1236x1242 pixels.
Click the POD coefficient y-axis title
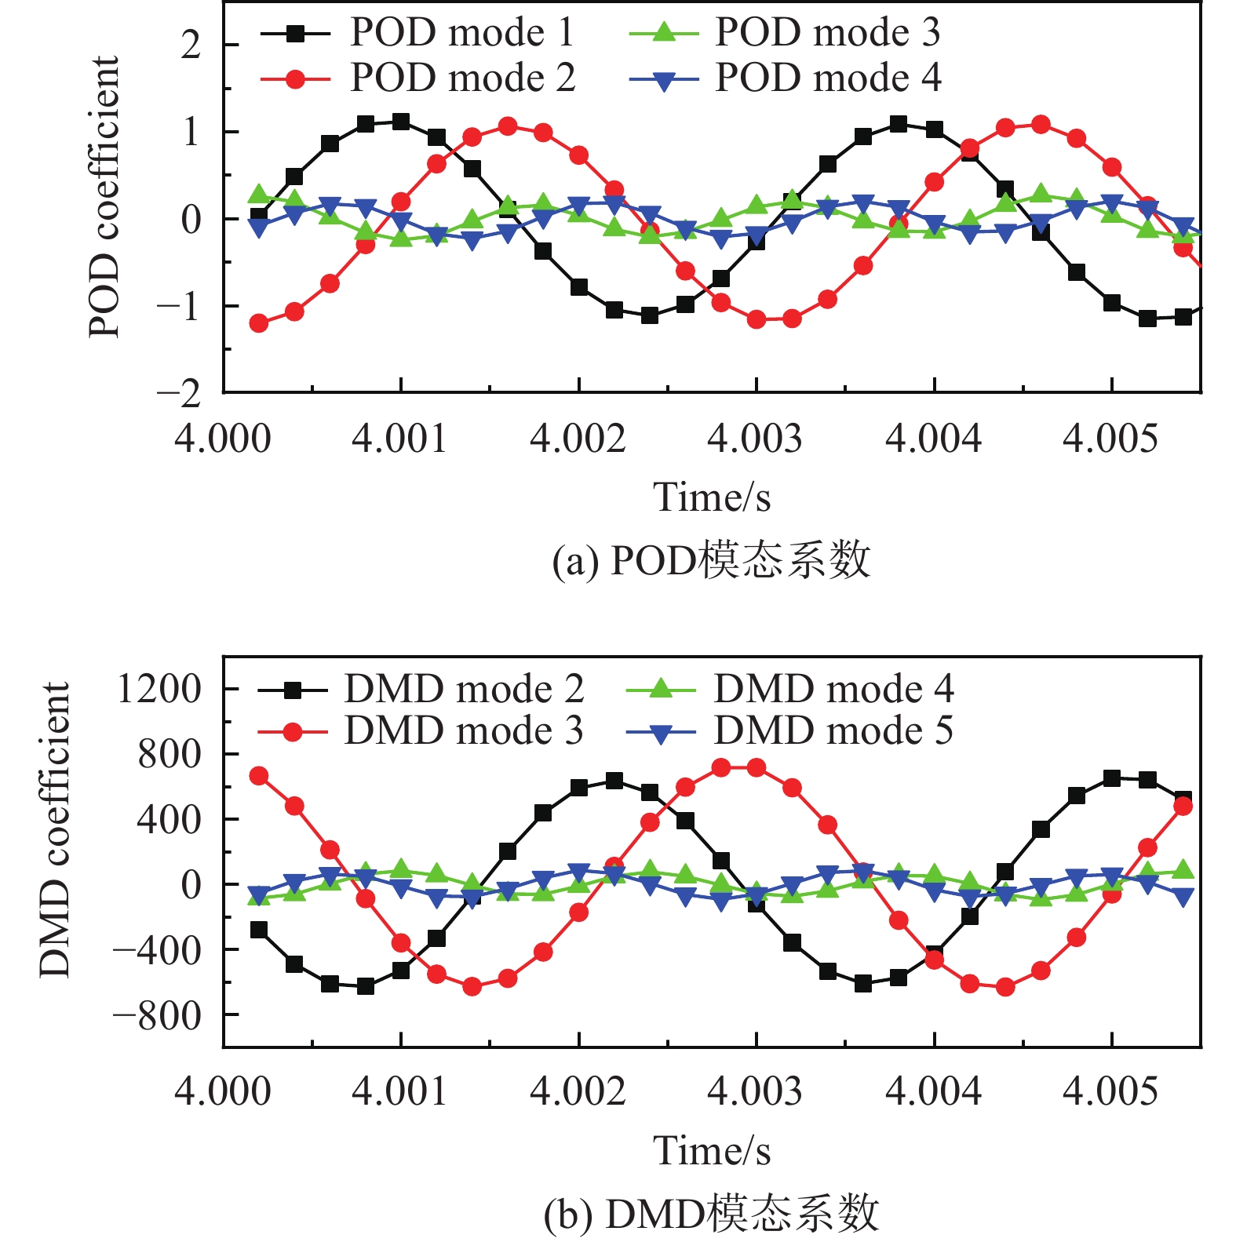click(x=104, y=196)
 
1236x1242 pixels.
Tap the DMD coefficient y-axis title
click(x=55, y=829)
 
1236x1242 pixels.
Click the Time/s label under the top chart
click(x=712, y=497)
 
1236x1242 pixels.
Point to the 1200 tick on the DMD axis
click(x=159, y=690)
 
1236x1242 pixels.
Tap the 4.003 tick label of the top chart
click(x=755, y=438)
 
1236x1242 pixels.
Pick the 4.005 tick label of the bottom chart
click(x=1110, y=1091)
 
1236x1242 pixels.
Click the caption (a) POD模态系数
click(x=711, y=561)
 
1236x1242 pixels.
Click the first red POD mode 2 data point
click(x=258, y=323)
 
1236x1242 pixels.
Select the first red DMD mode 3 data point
click(x=258, y=776)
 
